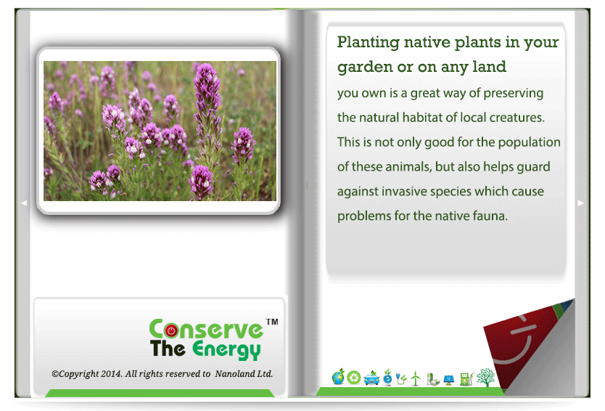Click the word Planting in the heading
tap(368, 43)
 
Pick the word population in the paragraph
tap(530, 142)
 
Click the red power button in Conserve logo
tap(171, 330)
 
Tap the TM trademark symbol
tap(273, 322)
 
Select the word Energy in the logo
tap(226, 350)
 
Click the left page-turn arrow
tap(24, 203)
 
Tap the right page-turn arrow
tap(580, 203)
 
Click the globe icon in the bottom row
tap(338, 377)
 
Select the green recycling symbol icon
tap(354, 378)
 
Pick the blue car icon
tap(371, 378)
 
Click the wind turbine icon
tap(416, 378)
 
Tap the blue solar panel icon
tap(449, 380)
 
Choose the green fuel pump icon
tap(466, 379)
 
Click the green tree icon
tap(485, 378)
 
